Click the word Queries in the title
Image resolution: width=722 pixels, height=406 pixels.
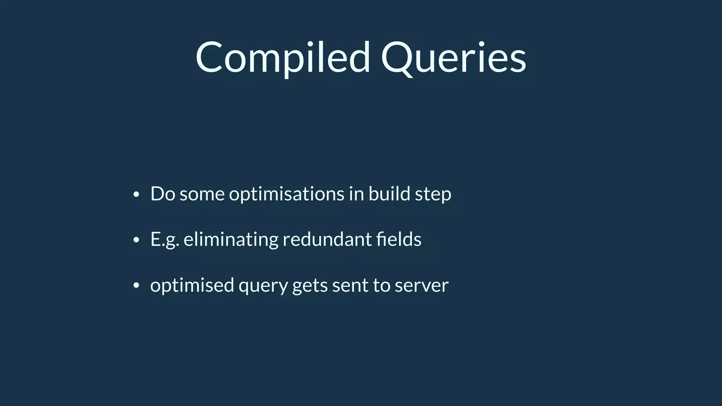[x=453, y=57]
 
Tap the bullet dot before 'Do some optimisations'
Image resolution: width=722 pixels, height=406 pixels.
[x=136, y=195]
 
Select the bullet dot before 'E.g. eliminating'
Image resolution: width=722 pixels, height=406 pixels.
[x=136, y=240]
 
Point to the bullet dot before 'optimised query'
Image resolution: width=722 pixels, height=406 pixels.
[x=136, y=286]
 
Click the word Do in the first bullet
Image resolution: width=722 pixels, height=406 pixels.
[x=163, y=194]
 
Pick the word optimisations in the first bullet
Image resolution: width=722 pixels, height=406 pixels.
[x=286, y=194]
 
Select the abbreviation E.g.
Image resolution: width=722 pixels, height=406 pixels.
[x=165, y=240]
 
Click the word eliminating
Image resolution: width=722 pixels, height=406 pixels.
[x=231, y=240]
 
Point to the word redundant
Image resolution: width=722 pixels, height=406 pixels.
[x=327, y=240]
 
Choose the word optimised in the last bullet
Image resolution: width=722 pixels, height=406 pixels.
[x=192, y=285]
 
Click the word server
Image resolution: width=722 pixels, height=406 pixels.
[x=422, y=285]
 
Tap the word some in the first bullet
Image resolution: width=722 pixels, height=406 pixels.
[x=202, y=195]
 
